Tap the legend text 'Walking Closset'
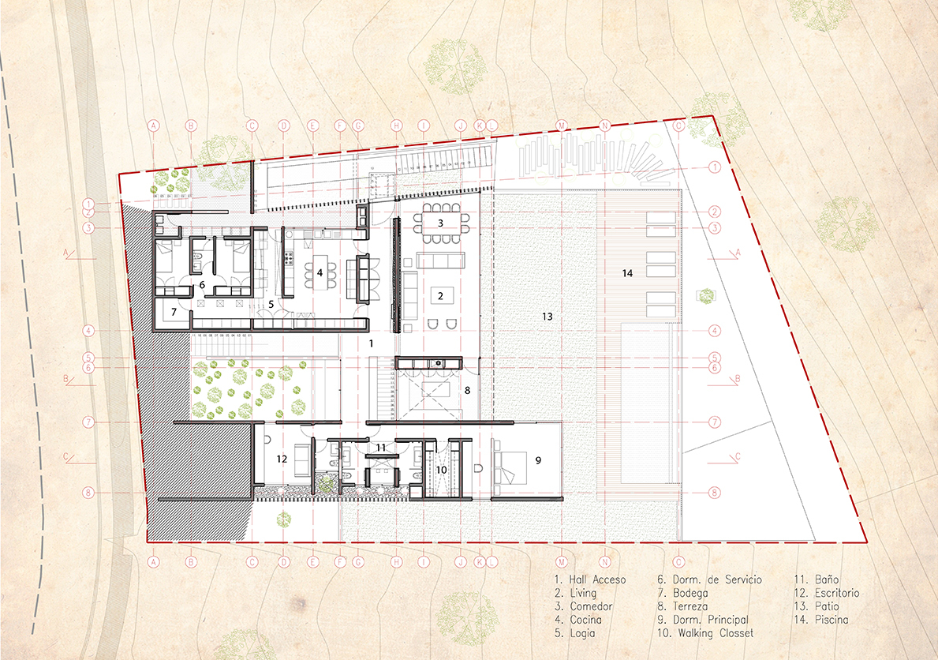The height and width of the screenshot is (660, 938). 706,633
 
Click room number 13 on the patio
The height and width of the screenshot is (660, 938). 547,316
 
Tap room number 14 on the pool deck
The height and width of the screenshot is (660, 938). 627,273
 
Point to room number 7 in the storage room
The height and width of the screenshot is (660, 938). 173,311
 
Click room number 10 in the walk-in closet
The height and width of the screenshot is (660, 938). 442,470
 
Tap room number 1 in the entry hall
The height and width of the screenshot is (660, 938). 370,343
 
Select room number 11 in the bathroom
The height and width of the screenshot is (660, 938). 380,448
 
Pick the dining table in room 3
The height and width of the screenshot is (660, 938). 441,223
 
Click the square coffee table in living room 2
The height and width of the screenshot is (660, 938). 441,296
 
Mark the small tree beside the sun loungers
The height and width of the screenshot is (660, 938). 706,295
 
